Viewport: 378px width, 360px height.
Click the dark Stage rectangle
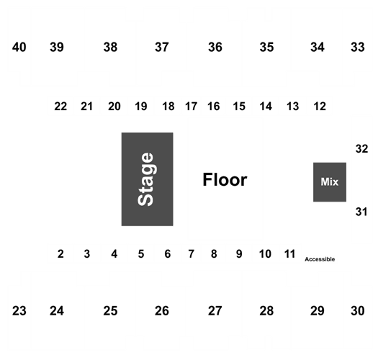click(148, 179)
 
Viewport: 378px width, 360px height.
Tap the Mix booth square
click(330, 182)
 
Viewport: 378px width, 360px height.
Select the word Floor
click(225, 180)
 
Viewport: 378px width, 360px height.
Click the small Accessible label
click(320, 259)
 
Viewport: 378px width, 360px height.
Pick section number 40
click(19, 47)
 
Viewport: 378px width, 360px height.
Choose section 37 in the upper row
click(162, 47)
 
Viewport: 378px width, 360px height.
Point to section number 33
click(358, 47)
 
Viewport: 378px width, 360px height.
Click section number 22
click(60, 107)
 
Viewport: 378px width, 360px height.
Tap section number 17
click(192, 107)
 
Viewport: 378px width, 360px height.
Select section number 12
click(320, 107)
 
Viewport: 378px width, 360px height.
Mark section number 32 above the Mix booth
click(362, 149)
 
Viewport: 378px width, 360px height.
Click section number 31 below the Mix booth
click(361, 212)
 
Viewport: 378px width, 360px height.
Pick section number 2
click(60, 254)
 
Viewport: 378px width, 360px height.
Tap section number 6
click(168, 254)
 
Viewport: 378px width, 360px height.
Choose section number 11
click(289, 254)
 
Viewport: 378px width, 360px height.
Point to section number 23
click(19, 311)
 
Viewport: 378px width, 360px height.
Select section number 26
click(162, 311)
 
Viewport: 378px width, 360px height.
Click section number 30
click(358, 311)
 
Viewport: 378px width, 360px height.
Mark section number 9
click(239, 254)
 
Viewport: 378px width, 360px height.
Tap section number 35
click(266, 47)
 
